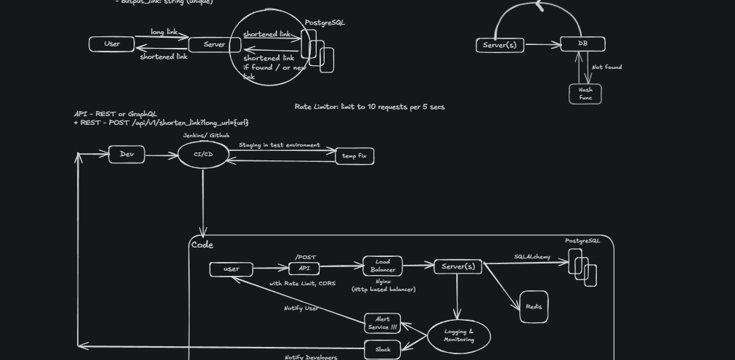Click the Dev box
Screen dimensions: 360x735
126,154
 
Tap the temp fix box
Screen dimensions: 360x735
354,156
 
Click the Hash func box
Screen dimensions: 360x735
585,94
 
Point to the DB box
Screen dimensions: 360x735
582,44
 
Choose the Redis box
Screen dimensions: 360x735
534,307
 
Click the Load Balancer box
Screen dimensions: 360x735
383,266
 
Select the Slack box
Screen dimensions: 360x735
383,349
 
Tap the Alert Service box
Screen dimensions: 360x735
383,323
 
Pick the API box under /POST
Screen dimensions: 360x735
304,268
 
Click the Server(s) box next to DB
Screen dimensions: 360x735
500,45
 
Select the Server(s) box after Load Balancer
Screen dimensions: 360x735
458,266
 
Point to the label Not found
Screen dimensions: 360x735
606,67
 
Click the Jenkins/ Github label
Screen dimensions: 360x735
206,136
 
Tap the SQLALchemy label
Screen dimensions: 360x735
532,257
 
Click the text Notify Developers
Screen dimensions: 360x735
311,356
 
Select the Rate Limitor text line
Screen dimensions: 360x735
370,107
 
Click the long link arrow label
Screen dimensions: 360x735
168,32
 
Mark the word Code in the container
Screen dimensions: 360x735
202,245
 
